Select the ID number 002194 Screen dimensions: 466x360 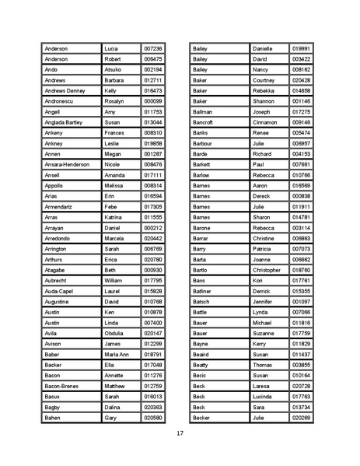(x=153, y=69)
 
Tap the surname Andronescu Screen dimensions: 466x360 (x=61, y=101)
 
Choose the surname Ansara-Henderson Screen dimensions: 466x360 (x=67, y=165)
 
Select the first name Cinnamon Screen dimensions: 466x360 (x=265, y=122)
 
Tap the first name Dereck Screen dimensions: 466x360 (x=262, y=196)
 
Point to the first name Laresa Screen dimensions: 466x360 (x=262, y=386)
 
